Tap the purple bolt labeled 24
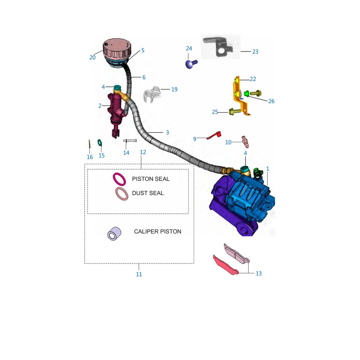coord(189,64)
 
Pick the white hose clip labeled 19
coord(152,95)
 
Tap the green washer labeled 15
coord(100,143)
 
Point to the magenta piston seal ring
coord(120,179)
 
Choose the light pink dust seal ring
coord(122,194)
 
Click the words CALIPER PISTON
coord(158,231)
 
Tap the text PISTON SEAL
coord(150,179)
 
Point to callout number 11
coord(139,274)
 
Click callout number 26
coord(271,101)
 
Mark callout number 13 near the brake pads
coord(258,274)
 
